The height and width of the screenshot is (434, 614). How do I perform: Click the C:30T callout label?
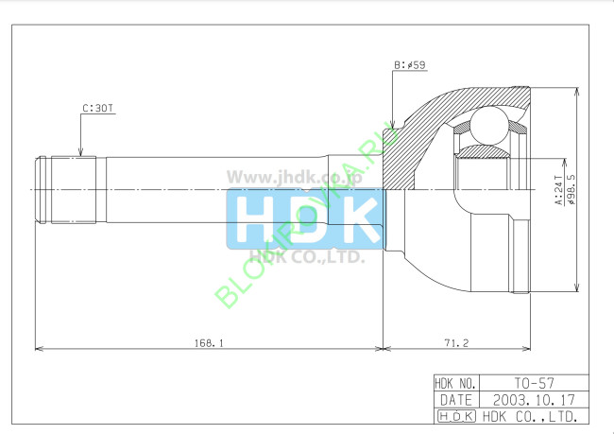coord(97,109)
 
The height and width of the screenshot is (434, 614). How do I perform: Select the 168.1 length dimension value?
coord(208,342)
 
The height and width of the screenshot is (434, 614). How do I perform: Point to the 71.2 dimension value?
coord(455,342)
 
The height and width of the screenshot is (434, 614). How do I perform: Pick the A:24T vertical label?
coord(558,189)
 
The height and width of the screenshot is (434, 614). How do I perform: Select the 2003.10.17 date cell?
coord(535,400)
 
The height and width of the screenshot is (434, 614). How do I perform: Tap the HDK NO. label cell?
coord(455,384)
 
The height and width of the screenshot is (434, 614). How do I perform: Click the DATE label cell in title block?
coord(455,400)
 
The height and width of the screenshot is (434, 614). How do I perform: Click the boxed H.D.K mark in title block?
coord(455,416)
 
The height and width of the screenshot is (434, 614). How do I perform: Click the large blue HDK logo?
coord(304,219)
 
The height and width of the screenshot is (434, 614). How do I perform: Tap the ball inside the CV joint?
coord(489,124)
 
